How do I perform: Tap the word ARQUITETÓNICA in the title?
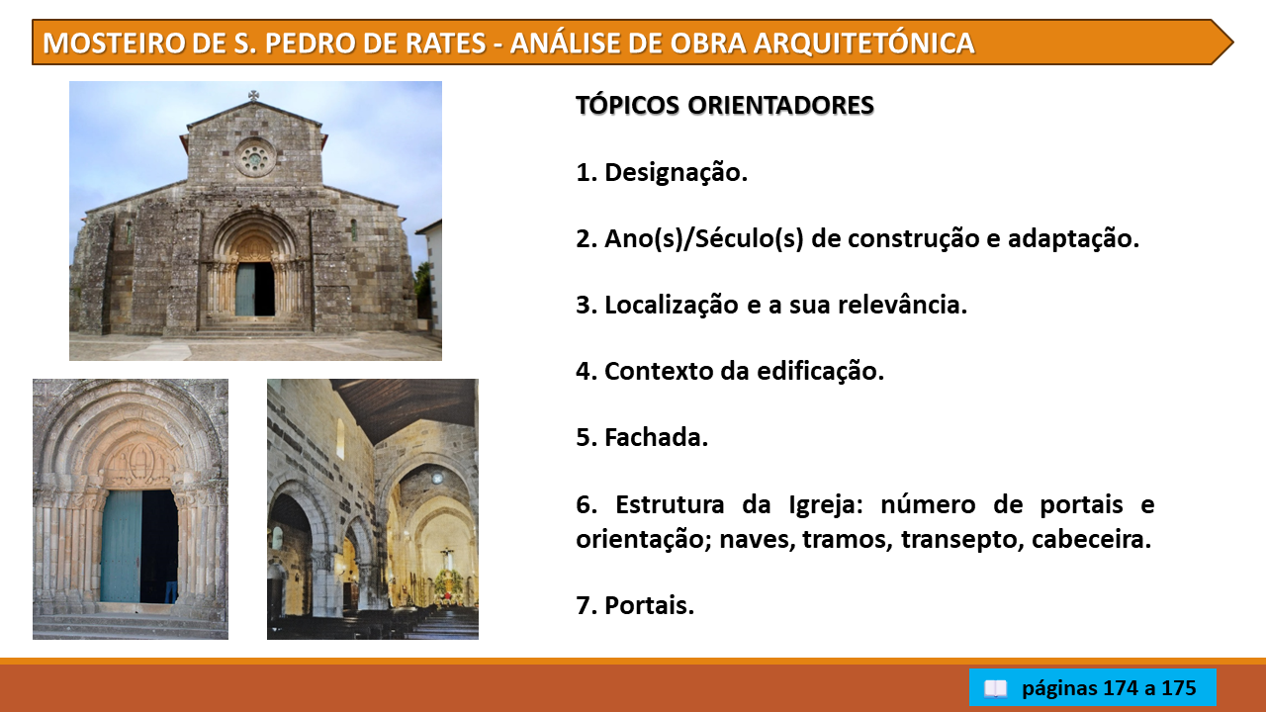click(864, 43)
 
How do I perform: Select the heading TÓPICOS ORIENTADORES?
click(725, 105)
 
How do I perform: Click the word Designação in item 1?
click(676, 172)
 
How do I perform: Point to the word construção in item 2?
click(895, 238)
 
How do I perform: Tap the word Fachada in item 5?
click(656, 437)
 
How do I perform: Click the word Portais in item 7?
click(650, 605)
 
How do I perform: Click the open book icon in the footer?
click(995, 688)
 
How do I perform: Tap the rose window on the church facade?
click(254, 157)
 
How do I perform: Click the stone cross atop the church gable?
click(254, 96)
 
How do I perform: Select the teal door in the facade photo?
click(245, 290)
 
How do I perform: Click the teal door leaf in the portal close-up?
click(121, 547)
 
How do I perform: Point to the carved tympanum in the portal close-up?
click(139, 464)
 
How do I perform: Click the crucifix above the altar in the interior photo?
click(446, 557)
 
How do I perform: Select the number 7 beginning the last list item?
click(583, 605)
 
